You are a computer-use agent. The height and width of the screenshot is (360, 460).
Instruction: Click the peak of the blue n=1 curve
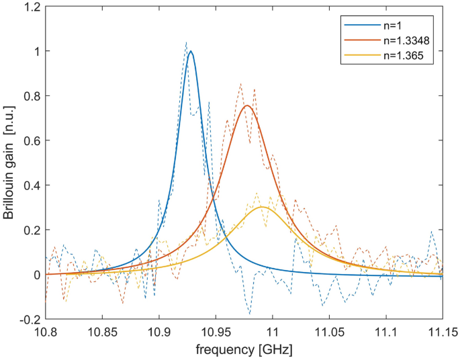coord(191,51)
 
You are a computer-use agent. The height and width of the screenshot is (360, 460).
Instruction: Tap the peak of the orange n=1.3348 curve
coord(248,105)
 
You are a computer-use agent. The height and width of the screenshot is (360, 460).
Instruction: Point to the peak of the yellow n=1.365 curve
coord(263,207)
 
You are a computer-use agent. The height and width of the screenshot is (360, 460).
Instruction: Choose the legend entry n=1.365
coord(399,57)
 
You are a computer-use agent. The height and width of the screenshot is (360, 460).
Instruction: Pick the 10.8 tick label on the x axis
coord(45,332)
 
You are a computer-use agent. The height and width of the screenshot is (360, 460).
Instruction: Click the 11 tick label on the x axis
coord(273,332)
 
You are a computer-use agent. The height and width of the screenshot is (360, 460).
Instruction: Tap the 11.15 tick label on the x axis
coord(442,332)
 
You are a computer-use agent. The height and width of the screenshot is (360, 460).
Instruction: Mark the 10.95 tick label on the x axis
coord(216,332)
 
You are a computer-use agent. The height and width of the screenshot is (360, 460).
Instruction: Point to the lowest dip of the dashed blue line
coord(249,314)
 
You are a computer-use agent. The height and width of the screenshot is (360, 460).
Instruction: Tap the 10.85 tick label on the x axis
coord(102,332)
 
